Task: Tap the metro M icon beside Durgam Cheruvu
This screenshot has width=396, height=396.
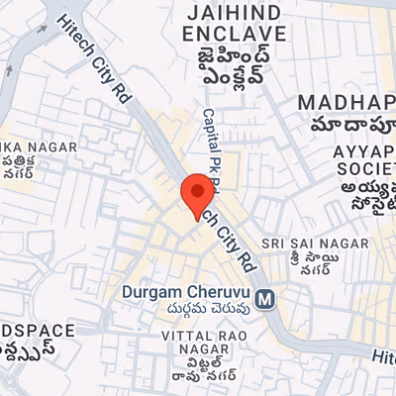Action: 264,297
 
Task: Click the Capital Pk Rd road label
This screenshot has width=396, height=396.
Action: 210,139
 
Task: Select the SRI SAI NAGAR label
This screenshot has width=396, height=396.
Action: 315,243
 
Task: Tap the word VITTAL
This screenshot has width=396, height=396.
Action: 186,337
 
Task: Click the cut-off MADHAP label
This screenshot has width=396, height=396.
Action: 346,104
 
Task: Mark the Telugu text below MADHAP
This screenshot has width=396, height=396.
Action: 351,126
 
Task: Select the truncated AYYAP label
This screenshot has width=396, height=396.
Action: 364,151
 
